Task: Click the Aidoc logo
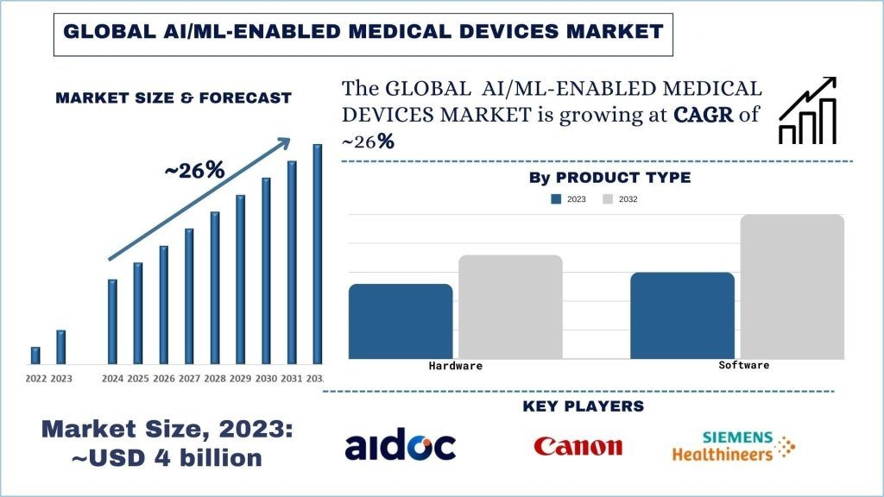click(400, 446)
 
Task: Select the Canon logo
click(578, 446)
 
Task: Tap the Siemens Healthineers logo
click(734, 446)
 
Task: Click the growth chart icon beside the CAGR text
click(807, 110)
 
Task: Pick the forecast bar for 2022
click(35, 355)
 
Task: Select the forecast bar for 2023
click(61, 346)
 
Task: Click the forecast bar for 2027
click(189, 295)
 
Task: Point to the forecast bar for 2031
click(292, 261)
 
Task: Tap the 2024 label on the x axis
click(112, 379)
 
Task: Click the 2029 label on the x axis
click(241, 379)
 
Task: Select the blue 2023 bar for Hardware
click(401, 321)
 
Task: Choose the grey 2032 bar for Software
click(792, 286)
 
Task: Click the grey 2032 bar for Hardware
click(510, 306)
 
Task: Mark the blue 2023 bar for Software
click(682, 315)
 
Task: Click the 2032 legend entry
click(621, 199)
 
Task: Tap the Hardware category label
click(456, 366)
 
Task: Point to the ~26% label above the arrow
click(194, 171)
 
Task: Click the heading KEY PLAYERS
click(584, 406)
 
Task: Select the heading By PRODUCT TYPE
click(609, 178)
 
